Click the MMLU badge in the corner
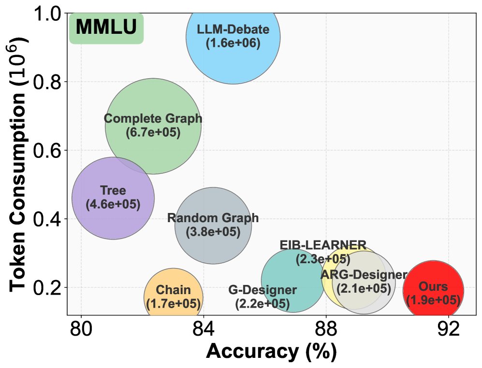pos(106,28)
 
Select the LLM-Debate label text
pos(233,30)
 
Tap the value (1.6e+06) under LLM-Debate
pos(233,43)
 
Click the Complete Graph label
pos(153,119)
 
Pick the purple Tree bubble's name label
pos(113,191)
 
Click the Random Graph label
pos(213,218)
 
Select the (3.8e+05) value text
pos(213,232)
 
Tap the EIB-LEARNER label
pos(323,245)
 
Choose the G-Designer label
pos(263,291)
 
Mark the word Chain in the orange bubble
pos(174,291)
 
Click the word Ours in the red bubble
pos(433,287)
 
